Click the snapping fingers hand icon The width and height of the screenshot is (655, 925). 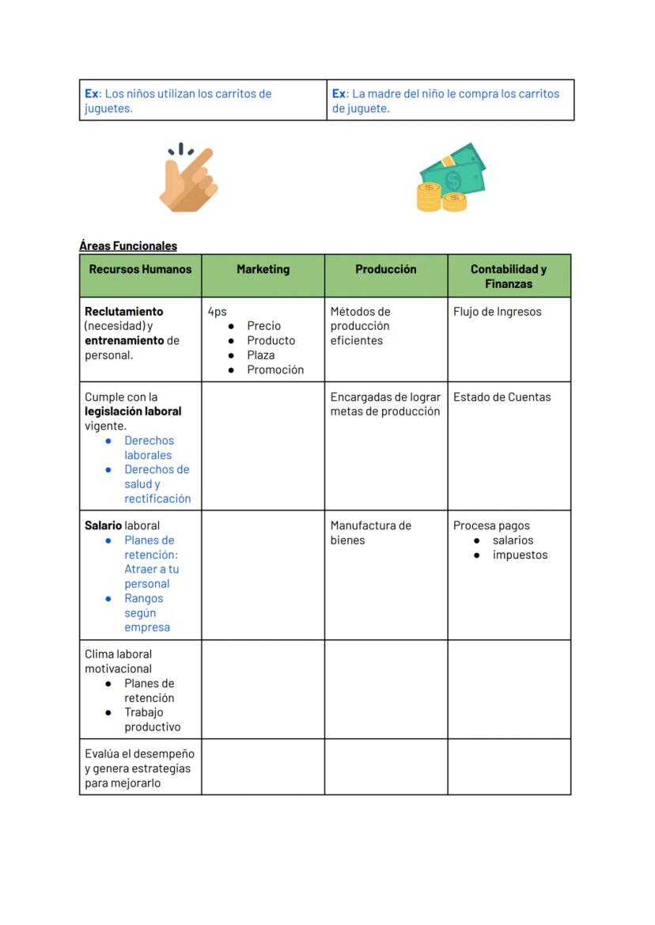(188, 179)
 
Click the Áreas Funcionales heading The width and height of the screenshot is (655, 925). (128, 246)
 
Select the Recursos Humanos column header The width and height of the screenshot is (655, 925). (140, 270)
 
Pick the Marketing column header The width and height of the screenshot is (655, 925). (263, 270)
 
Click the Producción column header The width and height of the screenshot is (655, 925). (385, 270)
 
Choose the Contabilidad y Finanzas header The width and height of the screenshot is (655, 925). (509, 276)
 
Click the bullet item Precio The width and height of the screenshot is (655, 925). (263, 326)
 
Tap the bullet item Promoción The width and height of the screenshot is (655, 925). (274, 370)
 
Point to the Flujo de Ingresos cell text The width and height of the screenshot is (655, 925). (497, 312)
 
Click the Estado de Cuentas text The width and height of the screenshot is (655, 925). (502, 397)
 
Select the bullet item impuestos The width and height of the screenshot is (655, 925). (520, 555)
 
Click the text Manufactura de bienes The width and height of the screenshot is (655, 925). (370, 533)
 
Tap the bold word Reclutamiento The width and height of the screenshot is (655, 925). (124, 312)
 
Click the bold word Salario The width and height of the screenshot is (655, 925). (104, 525)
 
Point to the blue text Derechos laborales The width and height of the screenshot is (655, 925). (148, 448)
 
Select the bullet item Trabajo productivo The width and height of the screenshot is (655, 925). (151, 719)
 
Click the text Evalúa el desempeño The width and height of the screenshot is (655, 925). (139, 754)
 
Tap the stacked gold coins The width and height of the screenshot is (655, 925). (440, 198)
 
